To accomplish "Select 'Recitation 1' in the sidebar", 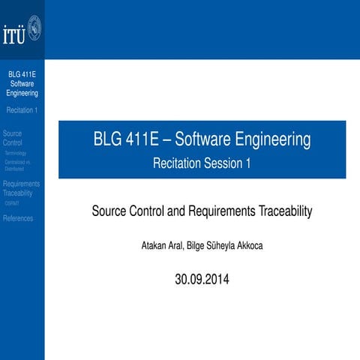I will [x=22, y=110].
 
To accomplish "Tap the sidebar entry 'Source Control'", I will [x=13, y=137].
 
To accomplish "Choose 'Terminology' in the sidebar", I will [x=15, y=153].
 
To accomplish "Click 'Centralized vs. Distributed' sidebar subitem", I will [x=17, y=165].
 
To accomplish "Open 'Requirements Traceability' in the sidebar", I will [x=22, y=187].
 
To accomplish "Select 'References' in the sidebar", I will [x=18, y=218].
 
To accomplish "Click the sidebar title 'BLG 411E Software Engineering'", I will [x=22, y=84].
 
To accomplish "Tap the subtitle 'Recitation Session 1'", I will [x=202, y=163].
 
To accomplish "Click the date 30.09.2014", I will [x=202, y=280].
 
